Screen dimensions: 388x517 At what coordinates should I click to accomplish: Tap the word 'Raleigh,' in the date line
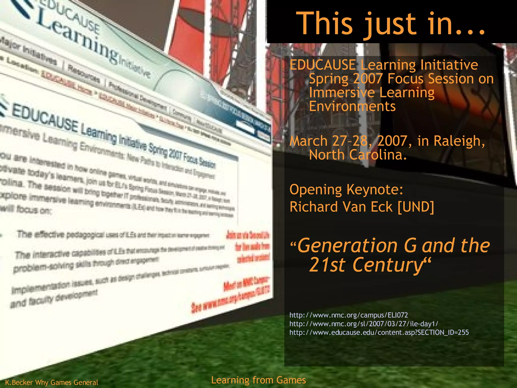pyautogui.click(x=459, y=141)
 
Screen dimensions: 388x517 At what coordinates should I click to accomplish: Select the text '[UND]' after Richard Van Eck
pyautogui.click(x=416, y=207)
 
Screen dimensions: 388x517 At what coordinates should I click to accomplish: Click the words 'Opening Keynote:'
pyautogui.click(x=346, y=189)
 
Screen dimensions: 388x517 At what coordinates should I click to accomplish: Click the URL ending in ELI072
pyautogui.click(x=348, y=315)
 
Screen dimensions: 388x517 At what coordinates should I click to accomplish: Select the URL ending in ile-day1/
pyautogui.click(x=364, y=324)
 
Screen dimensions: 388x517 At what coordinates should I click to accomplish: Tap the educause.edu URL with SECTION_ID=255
pyautogui.click(x=379, y=332)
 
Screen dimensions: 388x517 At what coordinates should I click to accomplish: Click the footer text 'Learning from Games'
pyautogui.click(x=258, y=380)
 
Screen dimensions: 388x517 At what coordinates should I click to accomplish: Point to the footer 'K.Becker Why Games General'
pyautogui.click(x=51, y=382)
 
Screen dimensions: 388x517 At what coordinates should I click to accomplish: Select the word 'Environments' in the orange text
pyautogui.click(x=352, y=106)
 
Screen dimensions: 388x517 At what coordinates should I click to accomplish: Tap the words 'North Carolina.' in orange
pyautogui.click(x=358, y=155)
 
